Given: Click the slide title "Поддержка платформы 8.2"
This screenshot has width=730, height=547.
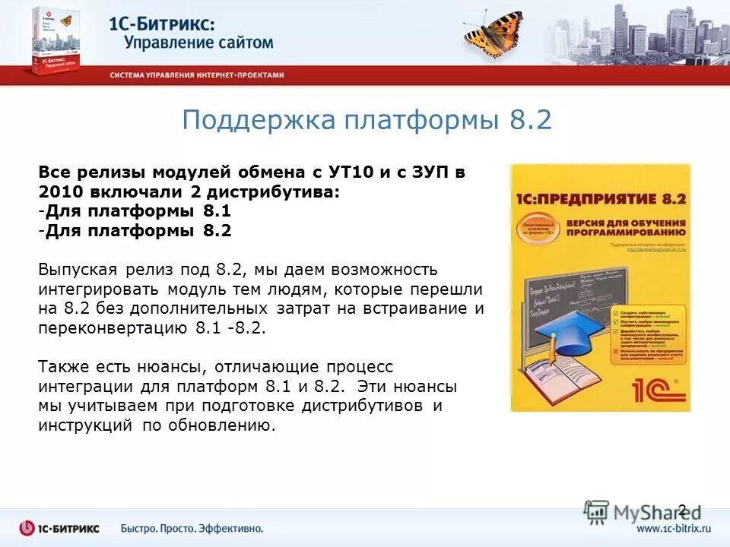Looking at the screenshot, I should tap(366, 121).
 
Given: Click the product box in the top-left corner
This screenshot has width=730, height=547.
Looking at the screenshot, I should tap(54, 40).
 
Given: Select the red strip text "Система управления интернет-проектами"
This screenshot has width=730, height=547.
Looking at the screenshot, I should tap(196, 75).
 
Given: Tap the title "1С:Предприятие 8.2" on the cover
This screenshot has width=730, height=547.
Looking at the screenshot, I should tap(600, 199).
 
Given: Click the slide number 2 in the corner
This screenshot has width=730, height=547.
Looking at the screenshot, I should tap(681, 510).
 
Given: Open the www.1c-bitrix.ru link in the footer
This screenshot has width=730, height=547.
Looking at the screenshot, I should tap(674, 528).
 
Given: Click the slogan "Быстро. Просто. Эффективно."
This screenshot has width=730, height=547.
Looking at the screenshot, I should tap(192, 528).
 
